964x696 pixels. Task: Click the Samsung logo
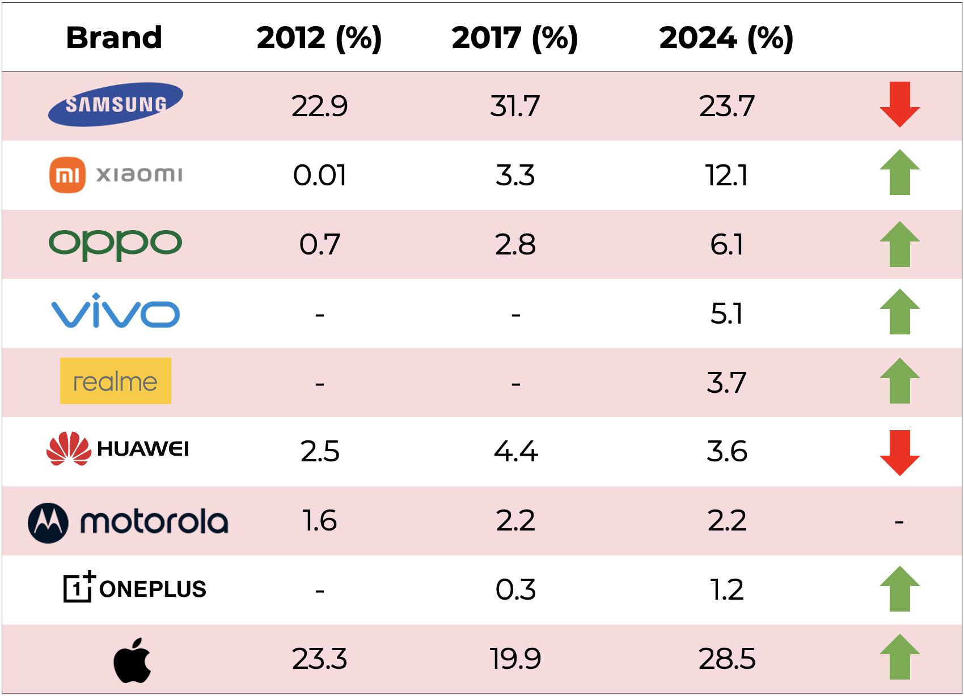(116, 105)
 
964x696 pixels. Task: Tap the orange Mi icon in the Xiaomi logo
(67, 175)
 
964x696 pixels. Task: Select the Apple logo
(133, 660)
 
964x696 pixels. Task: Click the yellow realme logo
(116, 381)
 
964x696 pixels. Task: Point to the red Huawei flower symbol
(69, 449)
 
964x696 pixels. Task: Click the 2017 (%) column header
(514, 38)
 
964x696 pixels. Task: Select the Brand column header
(114, 38)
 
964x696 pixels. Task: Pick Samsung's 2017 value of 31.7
(515, 106)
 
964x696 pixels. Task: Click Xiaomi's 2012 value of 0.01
(320, 175)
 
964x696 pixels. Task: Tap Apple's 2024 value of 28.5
(727, 659)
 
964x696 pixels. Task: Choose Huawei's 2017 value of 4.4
(515, 452)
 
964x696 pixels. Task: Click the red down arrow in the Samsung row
(899, 104)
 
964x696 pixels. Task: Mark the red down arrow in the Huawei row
(899, 452)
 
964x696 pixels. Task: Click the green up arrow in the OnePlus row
(899, 589)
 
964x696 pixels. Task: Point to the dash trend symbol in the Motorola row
(899, 521)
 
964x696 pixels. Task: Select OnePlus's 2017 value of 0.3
(515, 589)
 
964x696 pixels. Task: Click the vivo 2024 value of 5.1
(727, 313)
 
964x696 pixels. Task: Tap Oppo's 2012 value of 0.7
(320, 244)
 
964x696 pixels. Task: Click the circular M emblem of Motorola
(48, 523)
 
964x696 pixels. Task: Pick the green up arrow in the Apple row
(899, 657)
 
